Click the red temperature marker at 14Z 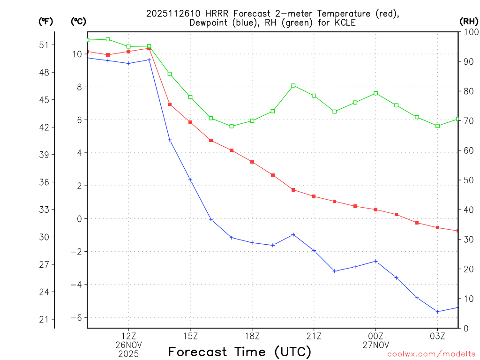coord(170,105)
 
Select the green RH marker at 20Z coord(293,85)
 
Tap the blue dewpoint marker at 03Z coord(437,312)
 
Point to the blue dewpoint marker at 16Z coord(211,219)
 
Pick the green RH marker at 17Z coord(232,126)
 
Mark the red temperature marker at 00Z coord(376,210)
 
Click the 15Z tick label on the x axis coord(190,336)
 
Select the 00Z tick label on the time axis coord(376,336)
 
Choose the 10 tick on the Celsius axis coord(77,54)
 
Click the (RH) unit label coord(469,21)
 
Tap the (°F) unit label coord(45,21)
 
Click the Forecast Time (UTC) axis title coord(240,352)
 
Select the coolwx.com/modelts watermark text coord(431,354)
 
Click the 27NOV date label coord(376,345)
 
